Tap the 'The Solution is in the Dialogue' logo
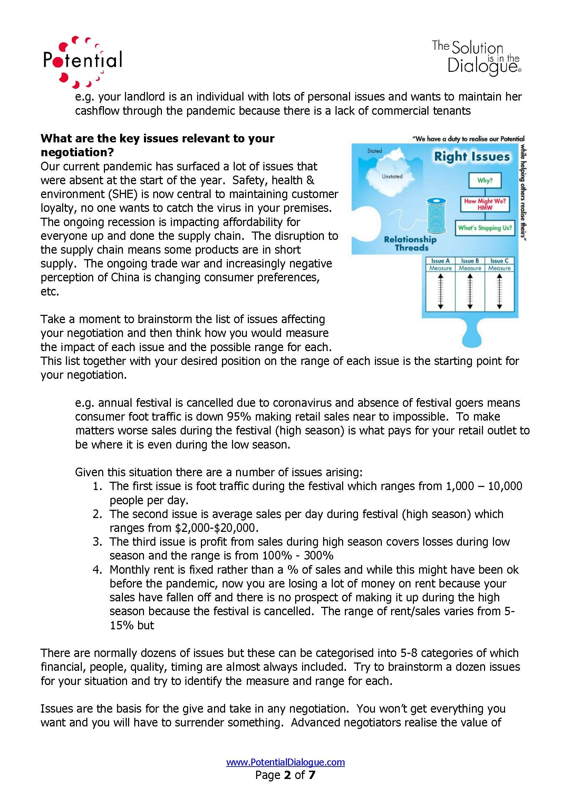pos(477,58)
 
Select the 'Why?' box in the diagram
pos(484,180)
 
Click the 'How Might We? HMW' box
pos(484,204)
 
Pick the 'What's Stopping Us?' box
pos(484,228)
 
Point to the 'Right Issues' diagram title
pos(472,156)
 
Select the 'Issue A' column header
pos(440,261)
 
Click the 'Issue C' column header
pos(499,261)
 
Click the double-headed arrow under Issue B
pos(470,292)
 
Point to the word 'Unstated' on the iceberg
pos(392,176)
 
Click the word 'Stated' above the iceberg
pos(375,151)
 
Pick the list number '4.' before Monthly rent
pos(97,570)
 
